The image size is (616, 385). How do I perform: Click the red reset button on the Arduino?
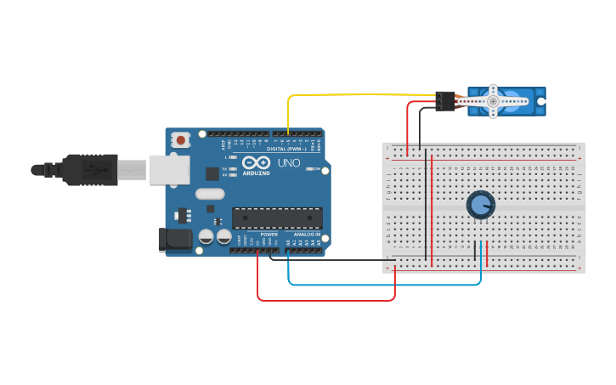pyautogui.click(x=180, y=139)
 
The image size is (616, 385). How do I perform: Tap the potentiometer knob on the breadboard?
pyautogui.click(x=480, y=204)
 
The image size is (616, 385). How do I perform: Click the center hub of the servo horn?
pyautogui.click(x=493, y=101)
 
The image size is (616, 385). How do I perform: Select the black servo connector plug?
pyautogui.click(x=445, y=101)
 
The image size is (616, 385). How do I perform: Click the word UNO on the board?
pyautogui.click(x=289, y=162)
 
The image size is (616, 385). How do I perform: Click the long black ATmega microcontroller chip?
pyautogui.click(x=277, y=218)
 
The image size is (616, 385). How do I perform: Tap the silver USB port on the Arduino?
pyautogui.click(x=169, y=169)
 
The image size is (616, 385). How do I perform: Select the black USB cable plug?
pyautogui.click(x=89, y=169)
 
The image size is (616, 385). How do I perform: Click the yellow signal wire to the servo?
pyautogui.click(x=357, y=95)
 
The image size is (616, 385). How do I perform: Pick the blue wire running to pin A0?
pyautogui.click(x=382, y=284)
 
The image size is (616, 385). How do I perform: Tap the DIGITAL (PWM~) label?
pyautogui.click(x=286, y=148)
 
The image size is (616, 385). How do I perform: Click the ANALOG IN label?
pyautogui.click(x=307, y=234)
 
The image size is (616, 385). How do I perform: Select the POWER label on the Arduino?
pyautogui.click(x=268, y=234)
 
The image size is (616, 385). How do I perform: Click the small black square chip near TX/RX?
pyautogui.click(x=212, y=173)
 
